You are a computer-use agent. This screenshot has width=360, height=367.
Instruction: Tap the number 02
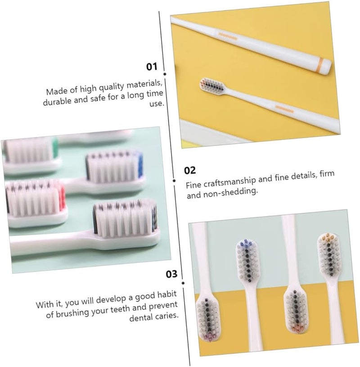[x=190, y=170]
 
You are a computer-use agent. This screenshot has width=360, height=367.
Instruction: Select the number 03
[x=172, y=273]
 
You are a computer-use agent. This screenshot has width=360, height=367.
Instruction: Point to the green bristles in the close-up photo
[x=55, y=147]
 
